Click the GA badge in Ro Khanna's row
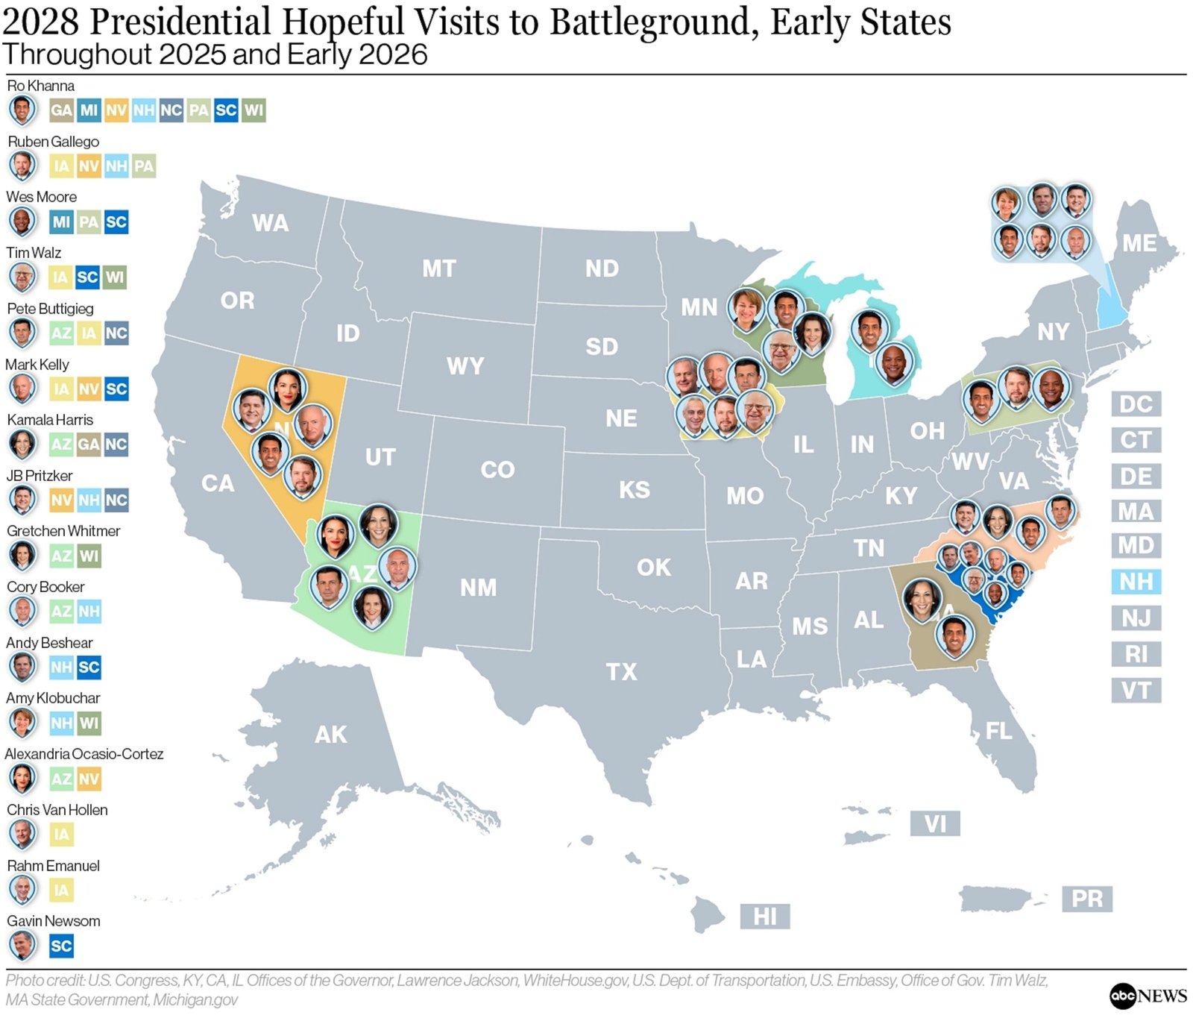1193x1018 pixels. click(x=61, y=111)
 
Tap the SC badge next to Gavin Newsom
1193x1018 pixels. click(x=61, y=946)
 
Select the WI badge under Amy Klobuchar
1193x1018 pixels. click(x=89, y=723)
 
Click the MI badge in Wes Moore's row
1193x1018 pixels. click(x=61, y=222)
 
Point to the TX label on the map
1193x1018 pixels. click(x=621, y=672)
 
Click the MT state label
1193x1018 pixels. click(x=438, y=268)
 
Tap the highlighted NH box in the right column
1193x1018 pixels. click(x=1136, y=582)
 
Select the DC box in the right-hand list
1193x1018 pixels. click(x=1136, y=404)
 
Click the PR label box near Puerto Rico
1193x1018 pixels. click(x=1086, y=899)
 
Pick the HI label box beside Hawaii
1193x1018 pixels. click(x=764, y=917)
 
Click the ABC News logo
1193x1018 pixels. click(x=1148, y=996)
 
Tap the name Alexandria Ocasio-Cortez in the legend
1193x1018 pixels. click(x=84, y=754)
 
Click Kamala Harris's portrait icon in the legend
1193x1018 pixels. click(x=22, y=444)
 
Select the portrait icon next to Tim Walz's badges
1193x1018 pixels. click(x=22, y=277)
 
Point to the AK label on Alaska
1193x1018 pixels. click(x=330, y=735)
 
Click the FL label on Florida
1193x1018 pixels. click(x=998, y=731)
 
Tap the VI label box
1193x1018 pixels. click(x=935, y=825)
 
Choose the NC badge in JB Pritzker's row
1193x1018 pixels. click(x=116, y=500)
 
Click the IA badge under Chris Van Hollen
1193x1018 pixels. click(x=61, y=835)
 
